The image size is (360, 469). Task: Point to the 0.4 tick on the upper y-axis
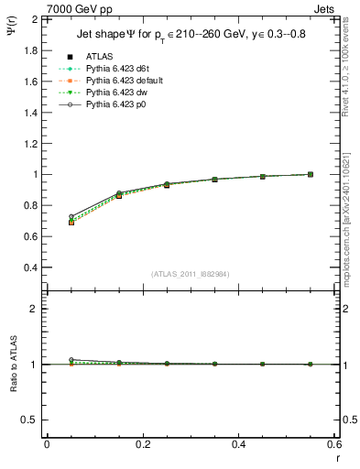tap(32, 267)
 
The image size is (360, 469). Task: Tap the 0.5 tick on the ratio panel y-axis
tap(32, 420)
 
